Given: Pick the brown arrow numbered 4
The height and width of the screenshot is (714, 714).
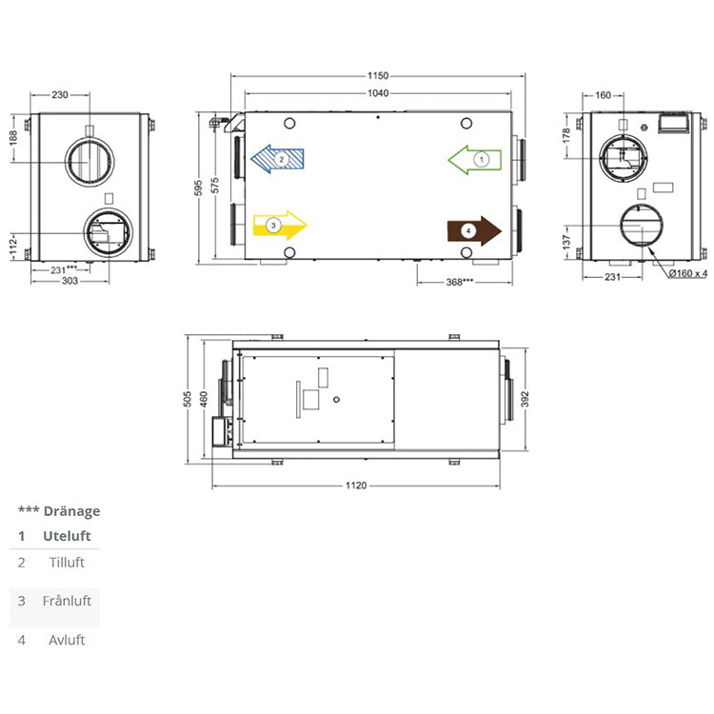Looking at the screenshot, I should (x=474, y=230).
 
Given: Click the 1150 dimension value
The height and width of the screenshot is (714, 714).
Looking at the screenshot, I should (x=380, y=75).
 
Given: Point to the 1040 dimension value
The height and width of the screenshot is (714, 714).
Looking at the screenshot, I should (x=380, y=93).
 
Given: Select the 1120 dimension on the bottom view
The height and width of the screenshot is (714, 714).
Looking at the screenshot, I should (x=356, y=486).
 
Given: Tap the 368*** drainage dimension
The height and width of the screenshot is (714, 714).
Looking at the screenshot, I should (x=461, y=282).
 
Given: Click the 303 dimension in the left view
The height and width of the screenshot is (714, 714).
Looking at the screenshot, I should (x=69, y=283).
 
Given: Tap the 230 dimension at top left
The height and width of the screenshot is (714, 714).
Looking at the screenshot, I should (x=60, y=94).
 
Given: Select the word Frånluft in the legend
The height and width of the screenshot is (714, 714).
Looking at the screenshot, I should (x=67, y=601).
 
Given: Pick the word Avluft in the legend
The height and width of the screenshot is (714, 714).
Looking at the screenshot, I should (x=67, y=640).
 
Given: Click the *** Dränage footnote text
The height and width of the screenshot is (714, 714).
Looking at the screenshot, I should (x=59, y=511).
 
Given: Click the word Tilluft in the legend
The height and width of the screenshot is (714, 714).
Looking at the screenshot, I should (x=67, y=563).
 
